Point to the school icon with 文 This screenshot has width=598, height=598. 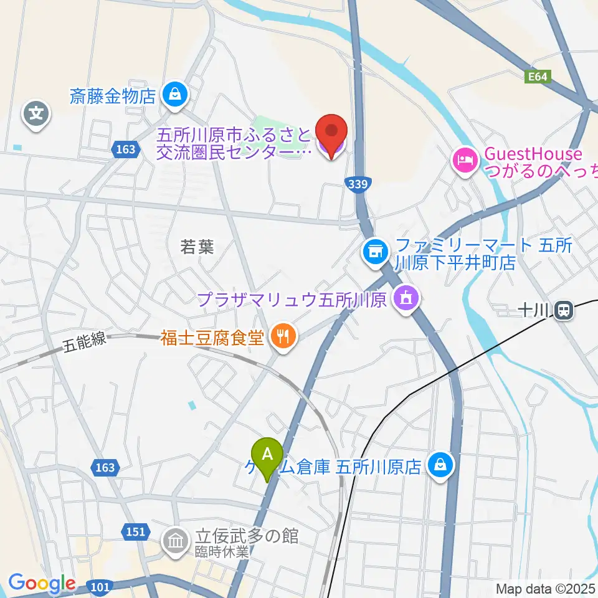[x=37, y=114]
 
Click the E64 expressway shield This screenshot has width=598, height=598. [x=537, y=77]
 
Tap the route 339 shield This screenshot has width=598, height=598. [x=358, y=183]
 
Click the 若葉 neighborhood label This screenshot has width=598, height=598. [x=197, y=247]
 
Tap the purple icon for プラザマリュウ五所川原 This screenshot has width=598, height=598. [x=406, y=300]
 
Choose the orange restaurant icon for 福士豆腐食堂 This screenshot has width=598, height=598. [x=283, y=337]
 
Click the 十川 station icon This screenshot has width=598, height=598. [x=565, y=310]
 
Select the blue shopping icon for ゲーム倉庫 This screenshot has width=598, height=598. [x=440, y=464]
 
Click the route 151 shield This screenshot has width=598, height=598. [x=138, y=532]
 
